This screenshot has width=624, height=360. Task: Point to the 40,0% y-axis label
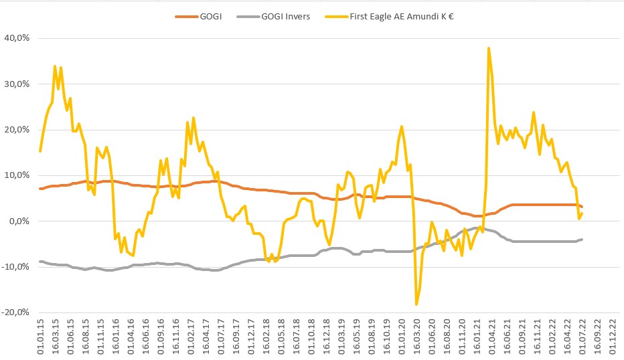(17, 38)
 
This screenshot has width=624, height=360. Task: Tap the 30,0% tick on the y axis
(17, 84)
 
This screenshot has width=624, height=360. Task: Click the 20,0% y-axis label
(17, 129)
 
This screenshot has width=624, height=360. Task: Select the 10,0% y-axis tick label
(17, 175)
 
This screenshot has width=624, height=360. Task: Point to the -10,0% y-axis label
(15, 266)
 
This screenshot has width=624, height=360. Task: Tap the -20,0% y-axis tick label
(15, 312)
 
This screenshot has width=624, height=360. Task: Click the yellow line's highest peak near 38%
(489, 48)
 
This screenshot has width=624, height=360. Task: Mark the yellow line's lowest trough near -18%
(416, 304)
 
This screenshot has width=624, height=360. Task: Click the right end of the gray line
(582, 239)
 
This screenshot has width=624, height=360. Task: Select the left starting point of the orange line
(40, 189)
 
